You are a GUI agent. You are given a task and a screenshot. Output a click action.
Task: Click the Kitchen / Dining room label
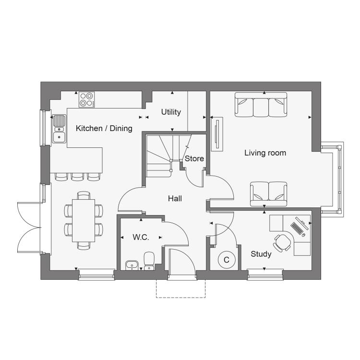pyautogui.click(x=104, y=128)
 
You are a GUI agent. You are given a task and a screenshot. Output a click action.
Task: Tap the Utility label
pyautogui.click(x=171, y=112)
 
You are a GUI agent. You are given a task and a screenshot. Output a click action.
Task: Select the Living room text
pyautogui.click(x=265, y=153)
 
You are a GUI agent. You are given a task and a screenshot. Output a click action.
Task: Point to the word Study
pyautogui.click(x=261, y=254)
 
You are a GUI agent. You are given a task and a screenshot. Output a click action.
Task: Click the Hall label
pyautogui.click(x=175, y=199)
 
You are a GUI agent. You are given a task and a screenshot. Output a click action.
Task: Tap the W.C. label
pyautogui.click(x=141, y=237)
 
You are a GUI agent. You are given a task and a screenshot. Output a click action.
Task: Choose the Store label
pyautogui.click(x=194, y=159)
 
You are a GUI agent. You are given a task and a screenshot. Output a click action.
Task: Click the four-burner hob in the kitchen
pyautogui.click(x=87, y=99)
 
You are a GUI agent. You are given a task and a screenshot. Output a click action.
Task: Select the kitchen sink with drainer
pyautogui.click(x=59, y=129)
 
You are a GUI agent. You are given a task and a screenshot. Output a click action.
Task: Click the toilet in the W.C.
pyautogui.click(x=149, y=261)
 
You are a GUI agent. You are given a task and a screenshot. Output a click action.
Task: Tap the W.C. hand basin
pyautogui.click(x=132, y=265)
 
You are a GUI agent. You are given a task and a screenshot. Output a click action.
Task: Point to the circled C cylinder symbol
pyautogui.click(x=227, y=260)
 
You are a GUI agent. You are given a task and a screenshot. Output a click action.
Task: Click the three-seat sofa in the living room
pyautogui.click(x=261, y=105)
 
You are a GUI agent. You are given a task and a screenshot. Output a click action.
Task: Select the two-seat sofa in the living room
pyautogui.click(x=269, y=194)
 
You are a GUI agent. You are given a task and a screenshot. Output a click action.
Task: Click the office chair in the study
pyautogui.click(x=282, y=243)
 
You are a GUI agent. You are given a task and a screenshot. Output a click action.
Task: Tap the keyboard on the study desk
pyautogui.click(x=297, y=228)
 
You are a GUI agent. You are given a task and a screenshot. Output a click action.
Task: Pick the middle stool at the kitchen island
pyautogui.click(x=77, y=177)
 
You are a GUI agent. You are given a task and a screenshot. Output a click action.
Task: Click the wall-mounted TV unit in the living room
pyautogui.click(x=217, y=134)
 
